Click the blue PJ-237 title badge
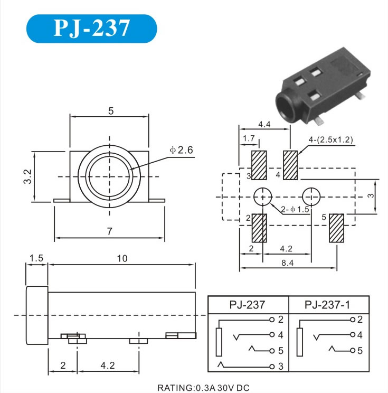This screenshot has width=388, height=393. coord(91,29)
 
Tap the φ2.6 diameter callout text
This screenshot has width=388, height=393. coord(182,150)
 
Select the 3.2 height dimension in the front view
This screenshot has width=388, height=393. coord(27,177)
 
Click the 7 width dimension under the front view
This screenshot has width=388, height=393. coord(109,231)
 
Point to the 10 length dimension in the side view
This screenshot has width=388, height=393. coord(122,258)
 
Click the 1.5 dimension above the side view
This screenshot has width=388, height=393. coord(36,258)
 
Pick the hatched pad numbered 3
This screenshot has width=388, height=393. coord(259,165)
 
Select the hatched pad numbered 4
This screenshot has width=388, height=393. coord(290,165)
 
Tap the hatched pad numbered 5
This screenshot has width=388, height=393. coord(336,228)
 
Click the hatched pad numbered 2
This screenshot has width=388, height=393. coord(259,228)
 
